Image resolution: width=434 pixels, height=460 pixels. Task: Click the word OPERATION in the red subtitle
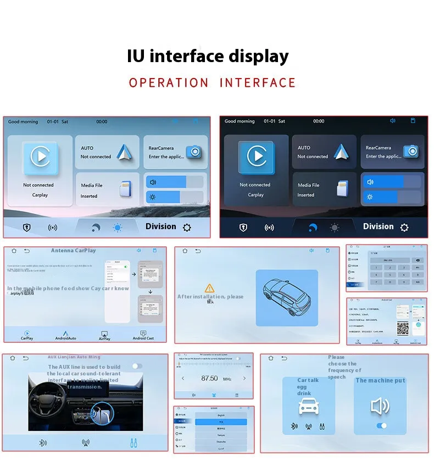tap(169, 83)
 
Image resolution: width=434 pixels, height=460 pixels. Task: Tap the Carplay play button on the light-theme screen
tap(40, 157)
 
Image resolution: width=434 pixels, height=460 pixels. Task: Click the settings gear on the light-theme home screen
tap(187, 228)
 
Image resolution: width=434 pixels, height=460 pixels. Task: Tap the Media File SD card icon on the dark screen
tap(343, 189)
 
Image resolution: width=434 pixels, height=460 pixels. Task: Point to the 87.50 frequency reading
tap(209, 379)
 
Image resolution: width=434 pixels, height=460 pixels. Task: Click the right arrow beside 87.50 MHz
tap(244, 378)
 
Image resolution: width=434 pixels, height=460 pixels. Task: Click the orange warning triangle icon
tap(209, 288)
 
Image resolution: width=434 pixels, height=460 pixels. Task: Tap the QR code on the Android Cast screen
tap(403, 328)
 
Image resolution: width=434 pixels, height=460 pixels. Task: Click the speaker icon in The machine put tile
tap(380, 406)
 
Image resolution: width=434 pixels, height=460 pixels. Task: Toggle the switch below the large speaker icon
tap(381, 426)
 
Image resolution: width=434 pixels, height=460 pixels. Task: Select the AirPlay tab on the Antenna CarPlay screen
tap(104, 335)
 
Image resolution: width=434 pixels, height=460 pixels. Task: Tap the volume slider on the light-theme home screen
tap(175, 182)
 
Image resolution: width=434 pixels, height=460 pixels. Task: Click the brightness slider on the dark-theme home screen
tap(391, 197)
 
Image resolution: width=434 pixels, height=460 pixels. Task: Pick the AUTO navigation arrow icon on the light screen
tap(124, 152)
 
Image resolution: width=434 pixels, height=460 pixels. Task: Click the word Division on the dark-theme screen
tap(378, 226)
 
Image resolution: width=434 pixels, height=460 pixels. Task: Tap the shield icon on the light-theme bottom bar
tap(26, 228)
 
